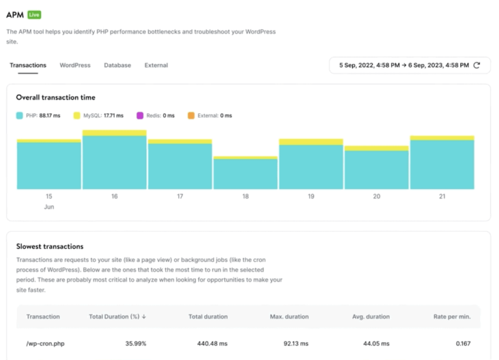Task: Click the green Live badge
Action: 34,14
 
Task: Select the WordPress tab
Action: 75,65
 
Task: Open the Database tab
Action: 118,65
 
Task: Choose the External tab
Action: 156,65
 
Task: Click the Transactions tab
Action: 28,65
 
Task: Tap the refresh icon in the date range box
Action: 476,65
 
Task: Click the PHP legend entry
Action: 38,116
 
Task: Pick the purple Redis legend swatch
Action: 140,116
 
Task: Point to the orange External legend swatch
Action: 191,116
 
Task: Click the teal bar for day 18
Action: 246,174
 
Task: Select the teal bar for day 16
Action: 114,162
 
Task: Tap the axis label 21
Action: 442,196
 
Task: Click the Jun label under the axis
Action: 49,207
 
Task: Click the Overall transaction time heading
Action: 55,97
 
